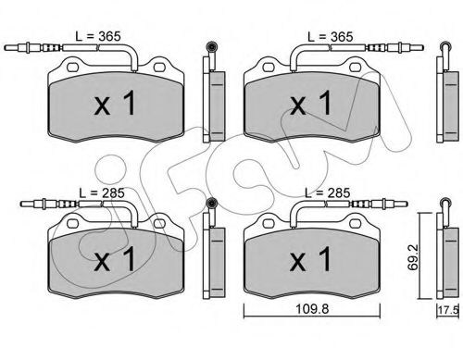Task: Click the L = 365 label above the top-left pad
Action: (x=98, y=36)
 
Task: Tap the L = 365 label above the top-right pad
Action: (x=330, y=37)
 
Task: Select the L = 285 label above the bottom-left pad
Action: (x=102, y=193)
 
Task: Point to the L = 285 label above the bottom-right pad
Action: (x=327, y=193)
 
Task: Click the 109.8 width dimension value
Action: (x=312, y=309)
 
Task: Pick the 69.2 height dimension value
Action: (x=413, y=257)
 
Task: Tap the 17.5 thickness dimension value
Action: (x=448, y=310)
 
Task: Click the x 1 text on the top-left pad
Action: (x=115, y=103)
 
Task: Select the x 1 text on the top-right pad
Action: (x=310, y=103)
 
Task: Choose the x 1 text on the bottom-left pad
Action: (x=115, y=259)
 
